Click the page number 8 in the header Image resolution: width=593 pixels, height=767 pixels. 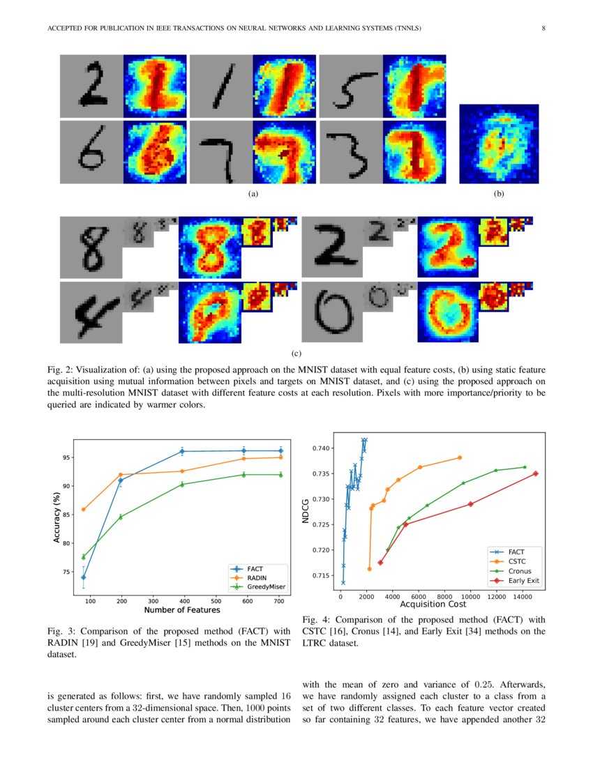pyautogui.click(x=543, y=29)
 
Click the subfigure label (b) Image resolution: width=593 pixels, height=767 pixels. pyautogui.click(x=499, y=194)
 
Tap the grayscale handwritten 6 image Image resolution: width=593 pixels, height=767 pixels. pyautogui.click(x=91, y=153)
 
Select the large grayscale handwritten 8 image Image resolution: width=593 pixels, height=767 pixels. pyautogui.click(x=91, y=248)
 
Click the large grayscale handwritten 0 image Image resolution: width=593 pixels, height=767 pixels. pyautogui.click(x=333, y=312)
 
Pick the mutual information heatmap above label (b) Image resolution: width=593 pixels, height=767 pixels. pyautogui.click(x=499, y=144)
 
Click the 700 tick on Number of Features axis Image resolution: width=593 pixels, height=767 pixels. pyautogui.click(x=279, y=601)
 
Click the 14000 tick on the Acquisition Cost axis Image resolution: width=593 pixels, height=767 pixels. pyautogui.click(x=523, y=597)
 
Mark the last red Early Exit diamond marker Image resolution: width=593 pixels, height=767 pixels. pyautogui.click(x=535, y=473)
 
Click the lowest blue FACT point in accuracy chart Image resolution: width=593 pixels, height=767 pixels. pyautogui.click(x=84, y=577)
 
